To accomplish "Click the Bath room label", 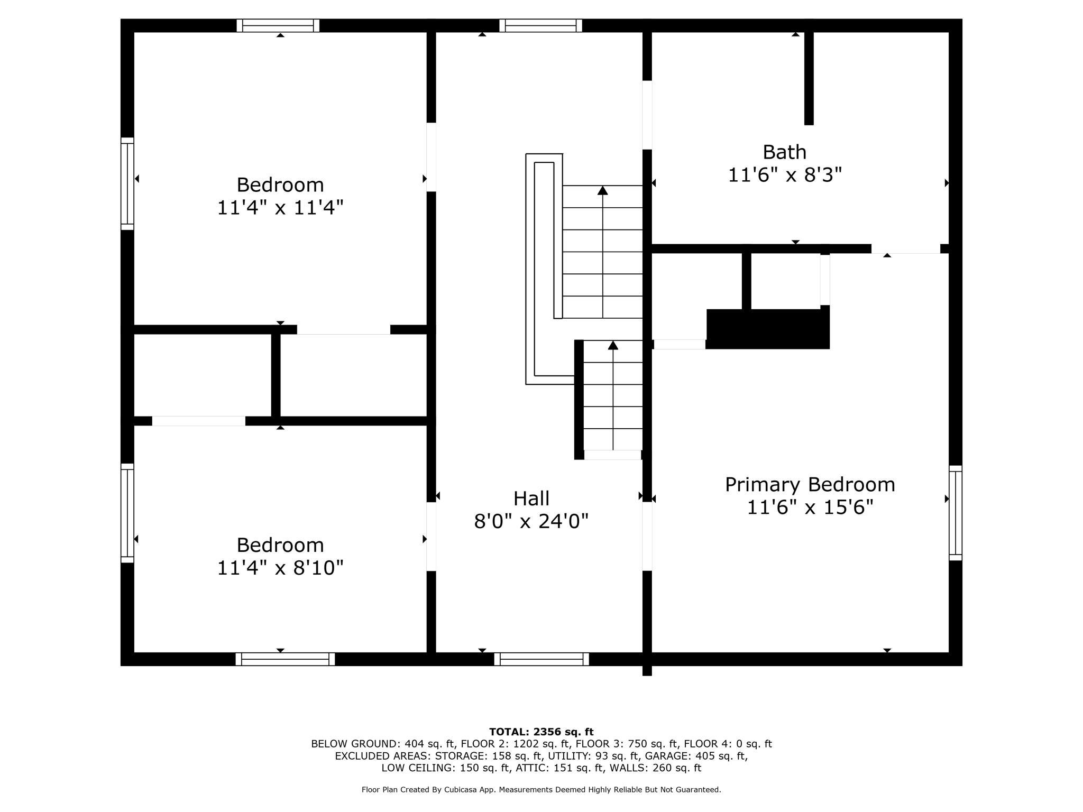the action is tap(784, 152).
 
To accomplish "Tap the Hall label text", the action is tap(531, 499).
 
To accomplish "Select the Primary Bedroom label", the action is tap(810, 485).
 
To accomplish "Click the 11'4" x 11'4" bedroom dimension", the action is tap(280, 207).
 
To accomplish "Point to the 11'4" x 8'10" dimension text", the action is tap(280, 568).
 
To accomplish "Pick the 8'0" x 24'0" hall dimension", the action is tap(531, 521).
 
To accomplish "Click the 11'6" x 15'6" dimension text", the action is tap(810, 508).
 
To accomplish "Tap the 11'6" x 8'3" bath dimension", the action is tap(784, 175).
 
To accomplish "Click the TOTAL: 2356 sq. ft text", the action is tap(541, 732).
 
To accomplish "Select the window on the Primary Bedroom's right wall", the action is tap(955, 513).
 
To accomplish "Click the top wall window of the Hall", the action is tap(540, 25).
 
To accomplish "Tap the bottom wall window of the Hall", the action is tap(541, 659).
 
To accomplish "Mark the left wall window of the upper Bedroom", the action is tap(127, 184).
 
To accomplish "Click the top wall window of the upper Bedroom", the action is tap(278, 25).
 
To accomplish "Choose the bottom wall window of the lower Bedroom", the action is tap(285, 659).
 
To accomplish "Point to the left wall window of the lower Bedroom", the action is tap(127, 513).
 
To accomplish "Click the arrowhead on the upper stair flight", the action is tap(602, 190).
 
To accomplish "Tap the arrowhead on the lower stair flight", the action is tap(613, 345).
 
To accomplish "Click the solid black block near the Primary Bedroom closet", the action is tap(768, 329).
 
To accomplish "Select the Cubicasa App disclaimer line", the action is tap(541, 790).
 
